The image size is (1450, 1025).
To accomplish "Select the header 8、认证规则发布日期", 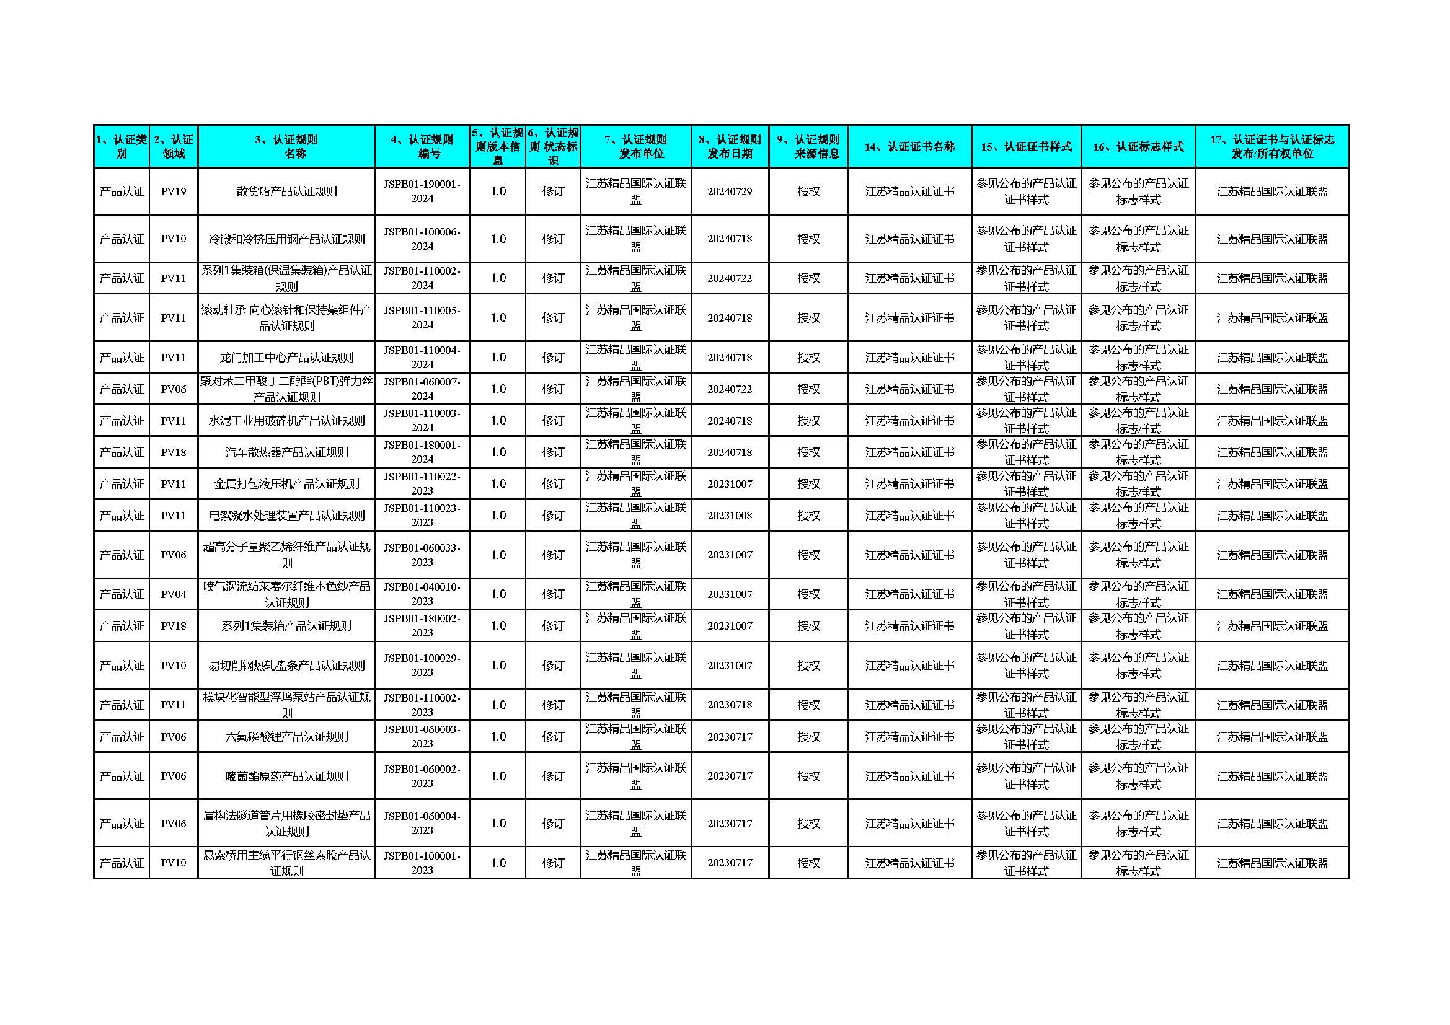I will coord(730,146).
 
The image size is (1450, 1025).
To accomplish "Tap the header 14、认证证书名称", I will coord(909,146).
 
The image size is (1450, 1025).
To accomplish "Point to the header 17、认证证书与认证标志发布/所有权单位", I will coord(1272,146).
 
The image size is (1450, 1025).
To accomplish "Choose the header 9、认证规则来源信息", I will coord(808,146).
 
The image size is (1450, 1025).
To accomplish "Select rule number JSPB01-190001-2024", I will coord(422,191).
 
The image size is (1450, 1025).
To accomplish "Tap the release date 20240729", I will coord(730,191).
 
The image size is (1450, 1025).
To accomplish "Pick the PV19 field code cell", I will coord(173,191).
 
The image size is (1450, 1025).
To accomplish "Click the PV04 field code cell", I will coord(173,594).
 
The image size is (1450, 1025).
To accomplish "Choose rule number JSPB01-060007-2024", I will coord(422,389).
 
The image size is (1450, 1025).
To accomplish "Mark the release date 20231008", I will coord(730,515).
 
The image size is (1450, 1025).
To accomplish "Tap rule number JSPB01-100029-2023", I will coord(422,665).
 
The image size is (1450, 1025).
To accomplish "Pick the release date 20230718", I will coord(730,705).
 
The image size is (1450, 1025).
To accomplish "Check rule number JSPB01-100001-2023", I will coord(422,863).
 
